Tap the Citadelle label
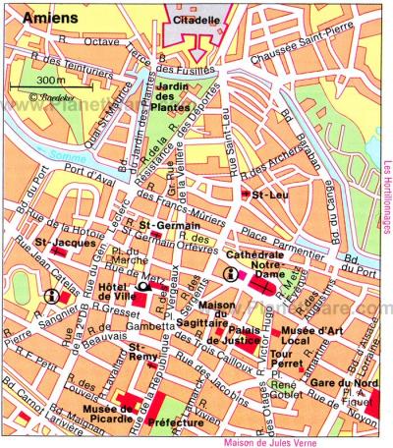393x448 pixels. [x=199, y=19]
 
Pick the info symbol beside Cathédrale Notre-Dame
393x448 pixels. [x=231, y=276]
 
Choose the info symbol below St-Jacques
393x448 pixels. [x=52, y=295]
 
